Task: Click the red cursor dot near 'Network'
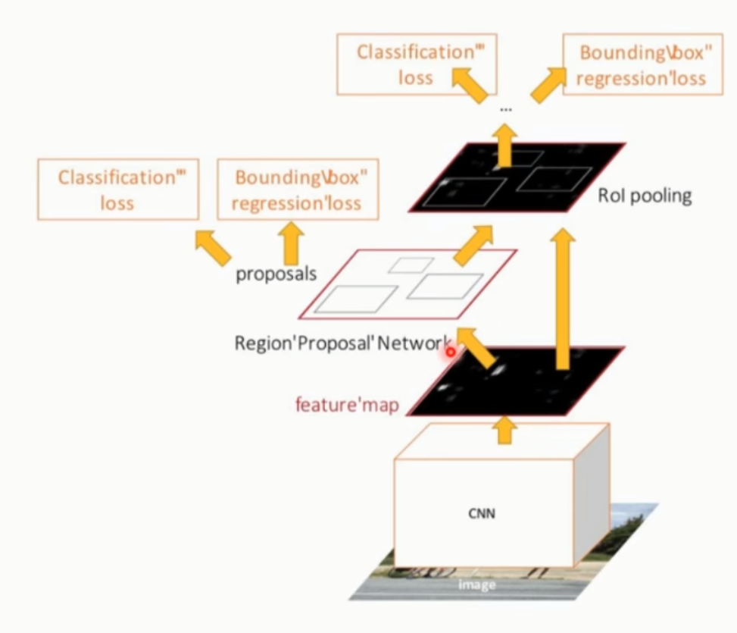(x=451, y=352)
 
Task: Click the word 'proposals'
(x=276, y=274)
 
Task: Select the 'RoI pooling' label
(x=645, y=196)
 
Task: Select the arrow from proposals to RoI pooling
(x=473, y=245)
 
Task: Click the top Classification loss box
(x=416, y=65)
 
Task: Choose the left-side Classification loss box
(x=117, y=190)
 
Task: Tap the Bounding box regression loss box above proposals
(x=298, y=190)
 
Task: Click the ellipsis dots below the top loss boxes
(x=506, y=110)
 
